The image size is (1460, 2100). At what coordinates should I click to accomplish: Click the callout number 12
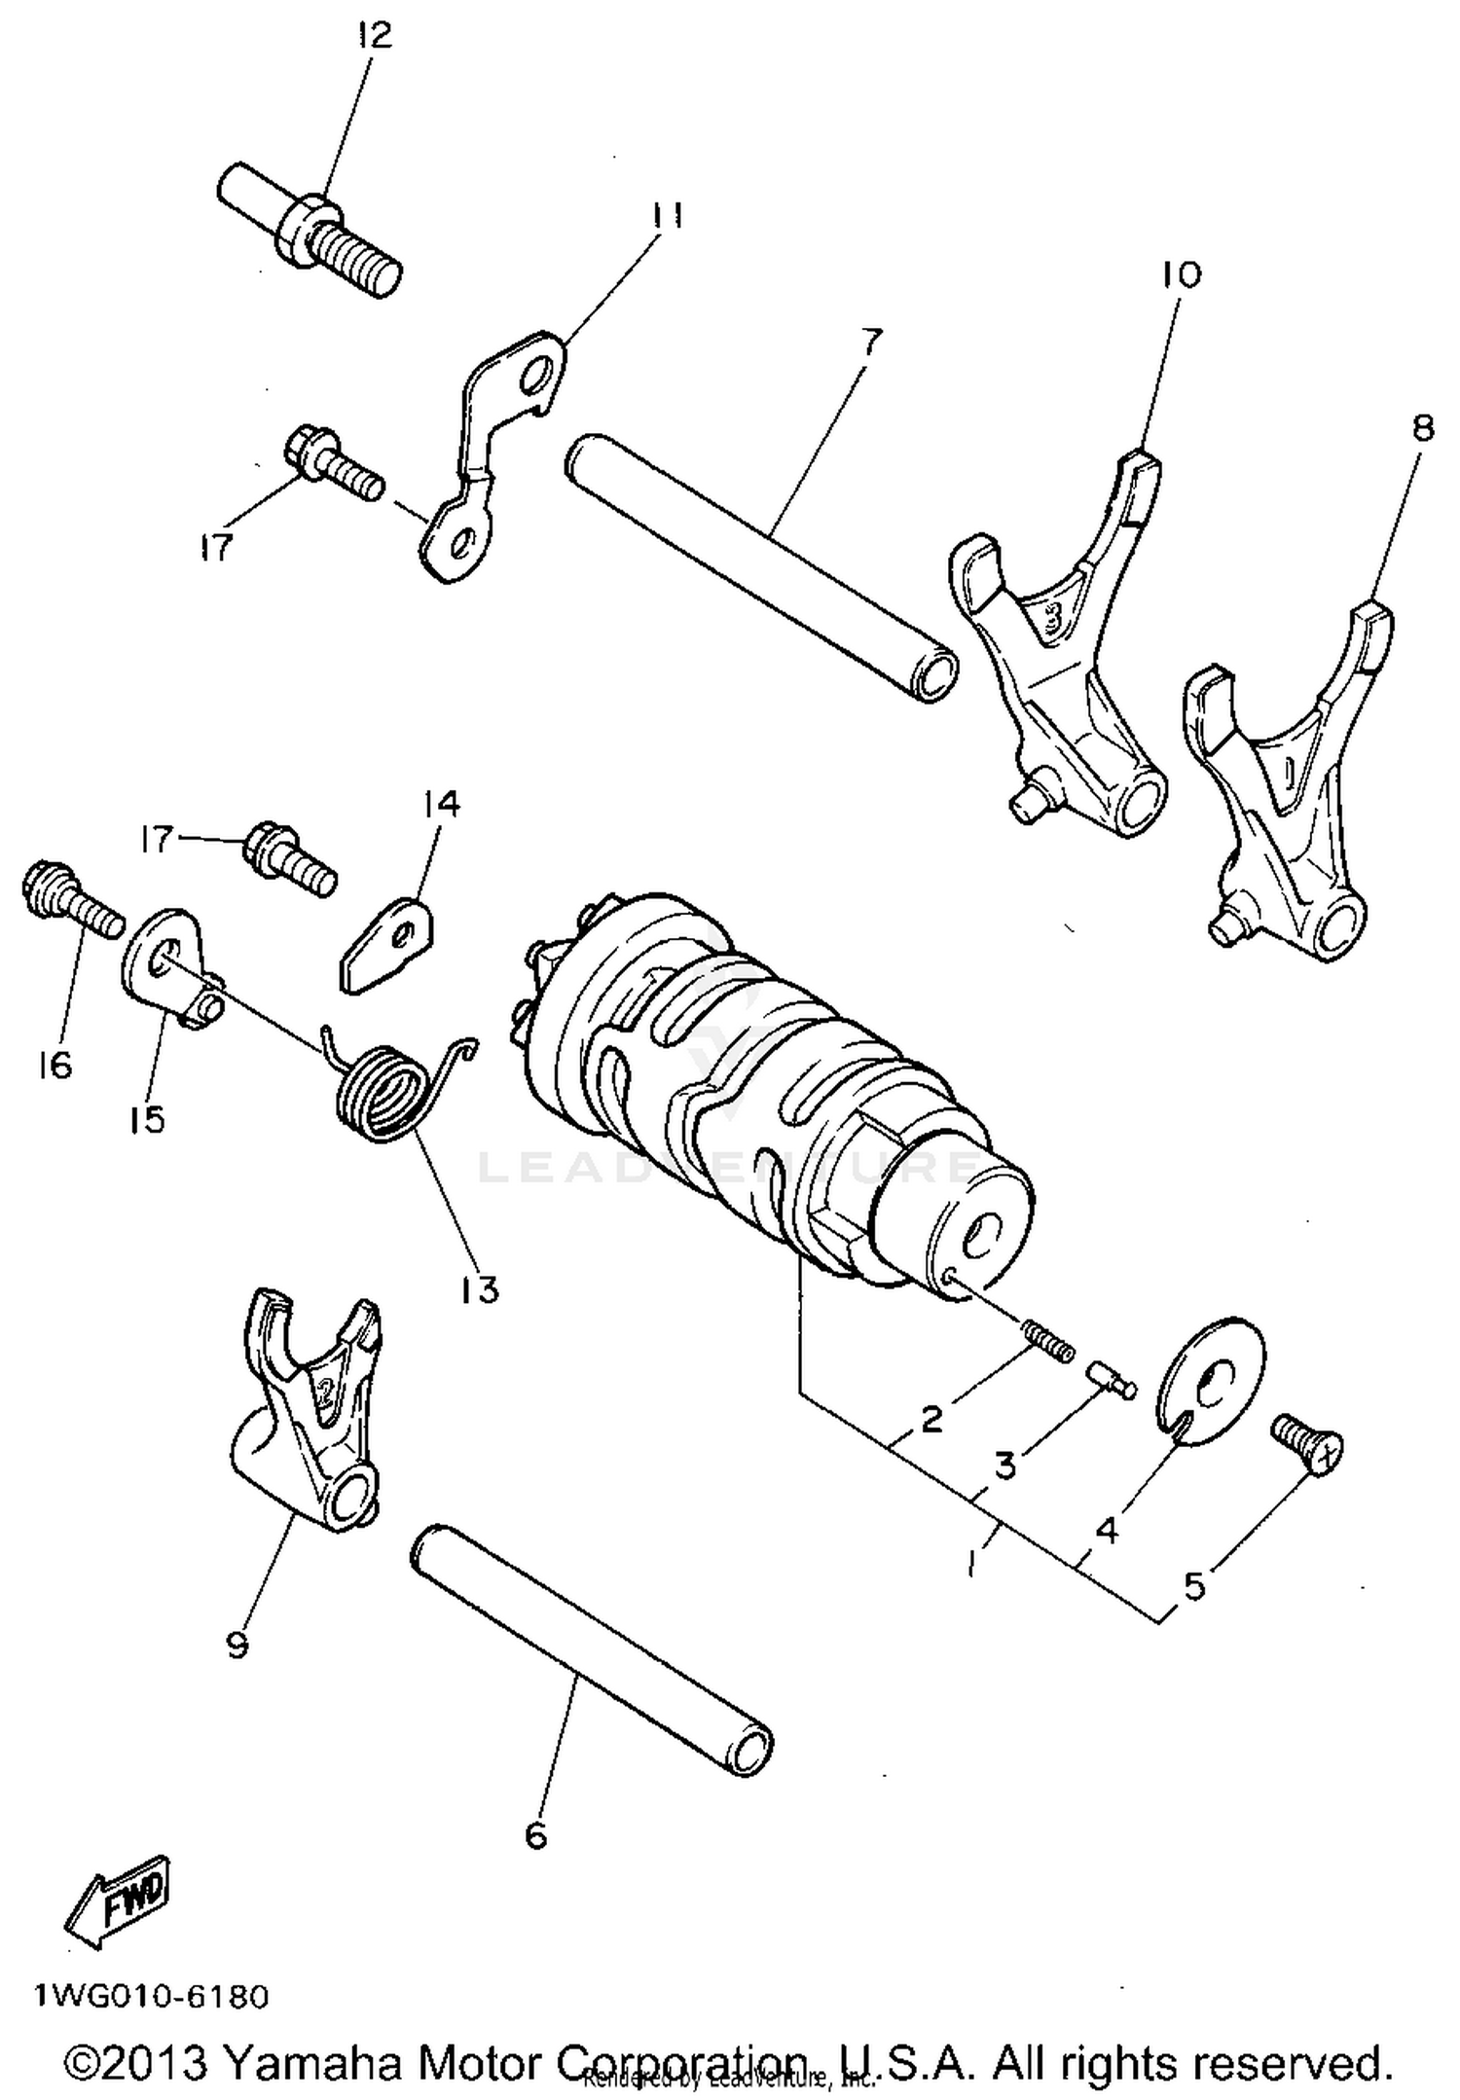coord(374,36)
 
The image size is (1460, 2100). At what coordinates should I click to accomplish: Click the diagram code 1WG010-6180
coord(152,1998)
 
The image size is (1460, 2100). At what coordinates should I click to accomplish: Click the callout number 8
coord(1422,428)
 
